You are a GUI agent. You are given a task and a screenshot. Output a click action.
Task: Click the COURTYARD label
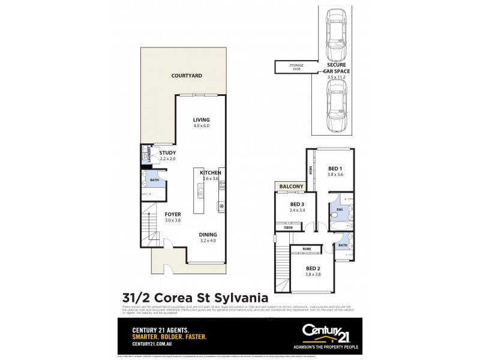click(186, 76)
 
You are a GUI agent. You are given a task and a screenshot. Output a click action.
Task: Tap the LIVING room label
click(201, 119)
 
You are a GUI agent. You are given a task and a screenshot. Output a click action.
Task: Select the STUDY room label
click(167, 153)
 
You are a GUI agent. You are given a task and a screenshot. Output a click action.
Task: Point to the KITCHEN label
click(212, 173)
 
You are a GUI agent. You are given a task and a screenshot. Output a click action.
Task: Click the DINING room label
click(208, 235)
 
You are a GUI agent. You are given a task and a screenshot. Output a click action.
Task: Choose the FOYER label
click(173, 214)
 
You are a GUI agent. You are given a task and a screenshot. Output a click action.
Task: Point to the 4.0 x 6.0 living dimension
click(201, 126)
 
